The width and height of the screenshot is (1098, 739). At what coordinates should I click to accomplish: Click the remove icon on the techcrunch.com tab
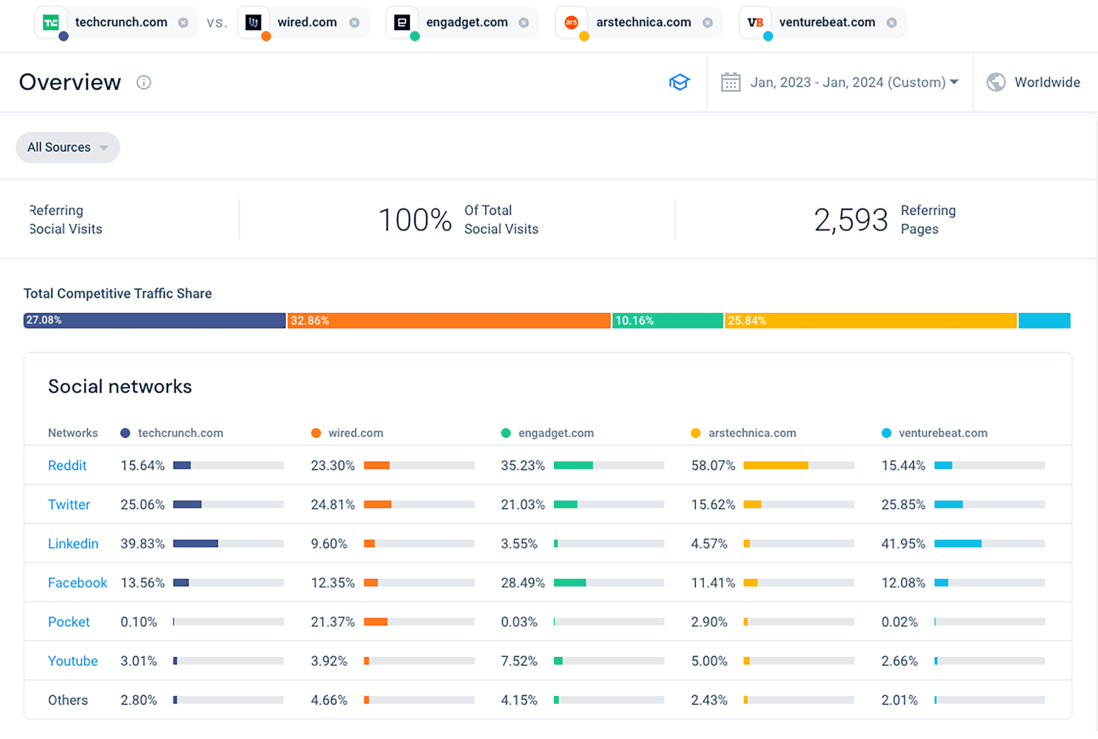183,23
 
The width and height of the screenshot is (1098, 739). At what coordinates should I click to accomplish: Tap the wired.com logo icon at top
253,22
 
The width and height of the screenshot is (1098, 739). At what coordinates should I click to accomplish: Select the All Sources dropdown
68,147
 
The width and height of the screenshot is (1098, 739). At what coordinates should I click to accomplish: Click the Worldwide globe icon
996,83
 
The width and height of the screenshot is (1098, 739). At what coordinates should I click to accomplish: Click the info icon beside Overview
144,83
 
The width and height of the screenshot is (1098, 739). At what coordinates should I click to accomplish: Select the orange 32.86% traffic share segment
448,320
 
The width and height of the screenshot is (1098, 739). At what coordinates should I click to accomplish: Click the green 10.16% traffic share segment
667,320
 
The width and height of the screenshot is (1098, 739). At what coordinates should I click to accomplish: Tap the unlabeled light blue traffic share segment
1044,320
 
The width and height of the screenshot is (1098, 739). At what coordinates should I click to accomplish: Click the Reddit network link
67,466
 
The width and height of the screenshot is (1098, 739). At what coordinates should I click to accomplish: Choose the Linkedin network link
73,544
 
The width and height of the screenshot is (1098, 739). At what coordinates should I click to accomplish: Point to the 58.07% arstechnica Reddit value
713,466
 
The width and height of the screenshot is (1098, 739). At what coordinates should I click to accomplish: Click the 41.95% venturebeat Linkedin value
903,544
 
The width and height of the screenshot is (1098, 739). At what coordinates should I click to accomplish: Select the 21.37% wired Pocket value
332,622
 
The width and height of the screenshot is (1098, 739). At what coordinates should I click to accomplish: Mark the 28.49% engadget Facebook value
523,583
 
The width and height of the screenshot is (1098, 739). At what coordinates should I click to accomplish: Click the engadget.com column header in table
556,433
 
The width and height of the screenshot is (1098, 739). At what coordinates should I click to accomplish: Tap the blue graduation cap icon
679,83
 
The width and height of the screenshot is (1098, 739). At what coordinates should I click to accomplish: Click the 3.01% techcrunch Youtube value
139,661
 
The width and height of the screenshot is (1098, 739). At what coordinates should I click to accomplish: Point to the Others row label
68,700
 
